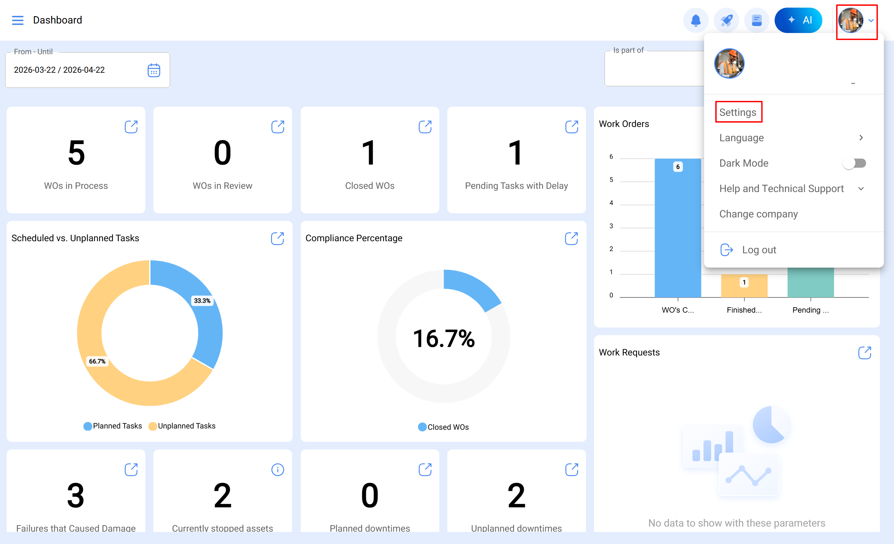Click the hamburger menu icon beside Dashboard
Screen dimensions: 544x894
point(17,20)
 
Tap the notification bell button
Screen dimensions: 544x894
point(695,20)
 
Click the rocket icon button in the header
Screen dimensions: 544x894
point(726,20)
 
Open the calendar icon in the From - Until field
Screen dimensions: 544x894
point(154,70)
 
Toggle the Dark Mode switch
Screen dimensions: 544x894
point(854,163)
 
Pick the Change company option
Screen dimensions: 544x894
point(758,214)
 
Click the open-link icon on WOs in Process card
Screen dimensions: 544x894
point(131,127)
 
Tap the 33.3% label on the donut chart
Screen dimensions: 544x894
point(202,301)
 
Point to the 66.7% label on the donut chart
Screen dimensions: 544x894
point(97,361)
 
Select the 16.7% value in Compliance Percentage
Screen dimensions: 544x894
point(444,339)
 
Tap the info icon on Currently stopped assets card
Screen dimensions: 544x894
point(277,470)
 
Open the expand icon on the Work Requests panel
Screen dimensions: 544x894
point(864,353)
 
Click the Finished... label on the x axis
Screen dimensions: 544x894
point(744,310)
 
